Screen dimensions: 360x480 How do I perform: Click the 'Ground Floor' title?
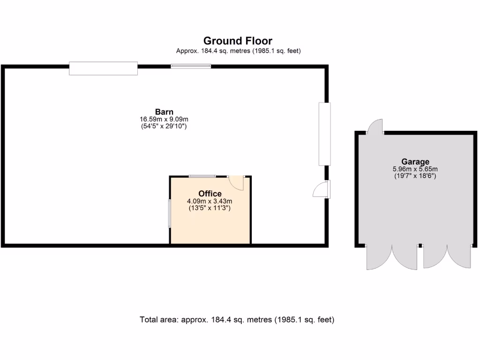(238, 41)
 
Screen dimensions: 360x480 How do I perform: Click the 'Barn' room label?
(164, 112)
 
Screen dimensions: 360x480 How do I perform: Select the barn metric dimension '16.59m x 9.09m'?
(164, 119)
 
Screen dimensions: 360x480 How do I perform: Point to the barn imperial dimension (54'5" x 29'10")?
(164, 126)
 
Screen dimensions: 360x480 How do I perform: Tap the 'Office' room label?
(210, 194)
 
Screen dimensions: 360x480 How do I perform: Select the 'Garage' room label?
(415, 162)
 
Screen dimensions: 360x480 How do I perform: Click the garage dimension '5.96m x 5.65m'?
(415, 169)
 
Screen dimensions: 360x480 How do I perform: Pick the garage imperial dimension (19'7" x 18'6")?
(415, 176)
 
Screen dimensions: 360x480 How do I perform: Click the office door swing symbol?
(237, 182)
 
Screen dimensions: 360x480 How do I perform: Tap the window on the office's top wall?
(202, 176)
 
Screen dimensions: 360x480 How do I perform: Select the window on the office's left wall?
(170, 214)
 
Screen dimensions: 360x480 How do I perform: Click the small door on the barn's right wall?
(322, 189)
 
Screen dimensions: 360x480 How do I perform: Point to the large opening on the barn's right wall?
(324, 134)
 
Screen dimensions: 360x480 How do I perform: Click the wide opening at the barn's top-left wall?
(103, 68)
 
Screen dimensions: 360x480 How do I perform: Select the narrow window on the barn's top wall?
(191, 67)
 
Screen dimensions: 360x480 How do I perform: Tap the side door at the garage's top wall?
(376, 127)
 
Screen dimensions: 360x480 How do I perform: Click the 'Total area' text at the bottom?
(237, 320)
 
